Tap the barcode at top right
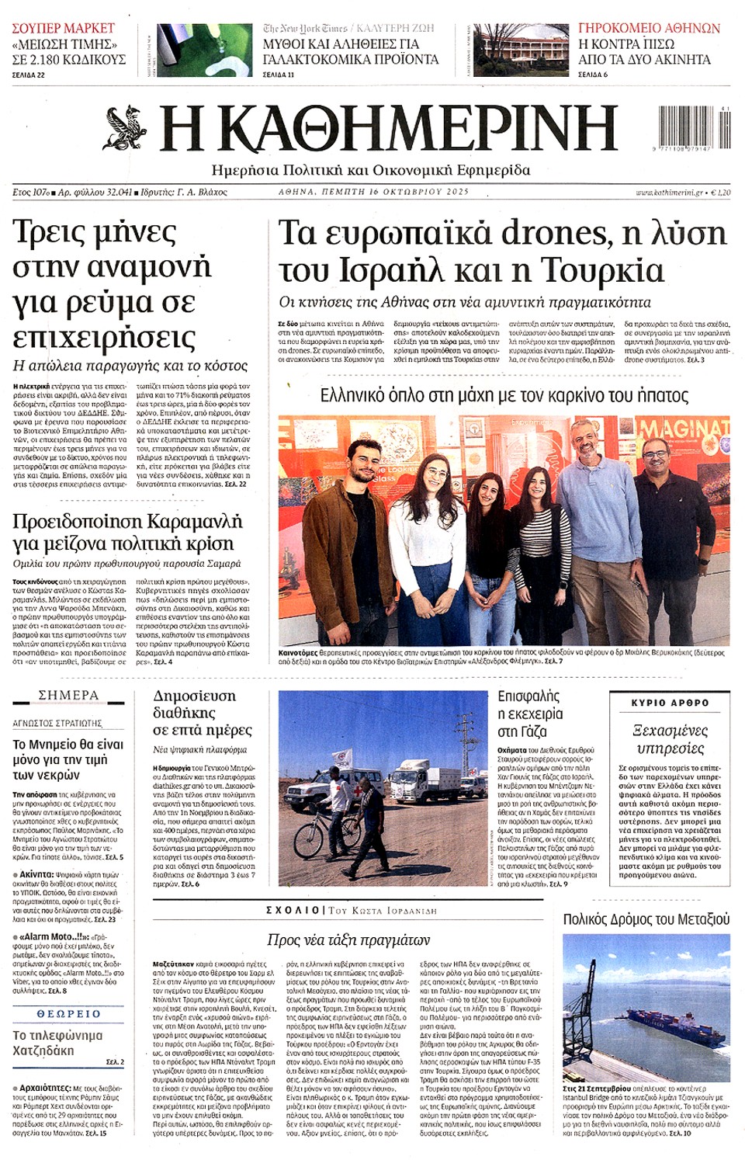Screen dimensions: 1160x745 (694, 125)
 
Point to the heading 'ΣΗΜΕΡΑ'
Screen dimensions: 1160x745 (68, 695)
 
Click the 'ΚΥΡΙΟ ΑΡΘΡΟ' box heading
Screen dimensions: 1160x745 (670, 703)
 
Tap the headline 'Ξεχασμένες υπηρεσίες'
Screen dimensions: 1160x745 (670, 739)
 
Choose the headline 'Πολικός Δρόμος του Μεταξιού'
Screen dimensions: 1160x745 (646, 919)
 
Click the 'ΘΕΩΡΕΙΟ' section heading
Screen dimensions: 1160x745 (68, 1014)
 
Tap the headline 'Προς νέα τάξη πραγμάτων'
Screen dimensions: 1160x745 (348, 939)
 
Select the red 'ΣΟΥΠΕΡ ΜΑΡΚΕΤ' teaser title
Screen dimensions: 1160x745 (63, 28)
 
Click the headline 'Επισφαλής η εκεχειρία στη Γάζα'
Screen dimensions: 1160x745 (531, 714)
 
